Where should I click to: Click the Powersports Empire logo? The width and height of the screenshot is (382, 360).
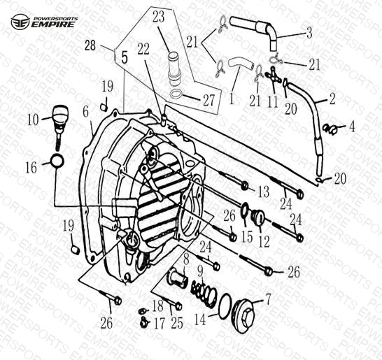(44, 22)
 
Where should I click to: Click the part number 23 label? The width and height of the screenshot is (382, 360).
(159, 17)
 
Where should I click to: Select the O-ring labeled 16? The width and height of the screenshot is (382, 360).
(57, 161)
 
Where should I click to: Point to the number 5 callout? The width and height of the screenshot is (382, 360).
(125, 57)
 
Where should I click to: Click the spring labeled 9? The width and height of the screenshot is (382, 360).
(204, 292)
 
